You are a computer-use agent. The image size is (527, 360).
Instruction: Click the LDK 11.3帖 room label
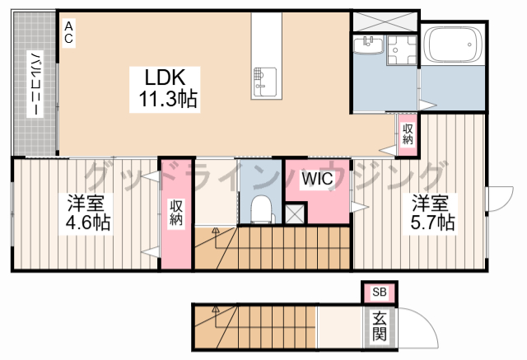coord(165,90)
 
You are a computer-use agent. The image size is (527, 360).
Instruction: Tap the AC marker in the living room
coord(68,33)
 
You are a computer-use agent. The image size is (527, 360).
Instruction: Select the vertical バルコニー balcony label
coord(35,84)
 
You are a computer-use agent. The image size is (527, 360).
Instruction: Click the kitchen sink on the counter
coord(265,82)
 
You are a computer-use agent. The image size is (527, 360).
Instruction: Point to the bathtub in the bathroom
coord(453,44)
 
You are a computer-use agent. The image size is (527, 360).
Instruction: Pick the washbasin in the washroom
coord(368,45)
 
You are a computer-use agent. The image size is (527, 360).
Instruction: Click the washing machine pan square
coord(402,49)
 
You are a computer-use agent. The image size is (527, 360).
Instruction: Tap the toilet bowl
coord(261,209)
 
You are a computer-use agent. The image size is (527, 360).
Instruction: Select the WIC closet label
coord(317,179)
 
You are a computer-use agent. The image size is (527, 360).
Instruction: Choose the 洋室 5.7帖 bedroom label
coord(432,212)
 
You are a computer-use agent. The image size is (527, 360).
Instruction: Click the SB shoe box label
coord(380,292)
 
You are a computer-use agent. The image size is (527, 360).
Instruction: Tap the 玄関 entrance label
coord(379,326)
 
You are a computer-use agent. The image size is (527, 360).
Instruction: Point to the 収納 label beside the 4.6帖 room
coord(175,213)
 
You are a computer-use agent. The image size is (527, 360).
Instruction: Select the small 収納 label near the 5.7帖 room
coord(408,133)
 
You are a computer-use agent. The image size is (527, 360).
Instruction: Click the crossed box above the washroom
coord(385,22)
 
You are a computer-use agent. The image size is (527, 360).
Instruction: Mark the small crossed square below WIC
coord(295,213)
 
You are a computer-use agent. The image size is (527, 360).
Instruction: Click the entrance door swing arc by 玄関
coord(427,319)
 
